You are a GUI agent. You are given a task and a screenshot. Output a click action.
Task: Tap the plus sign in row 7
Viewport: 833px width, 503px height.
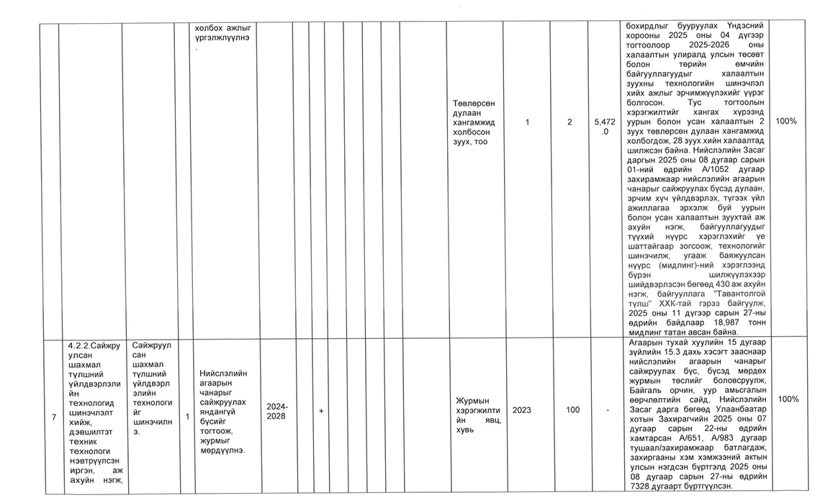click(x=320, y=409)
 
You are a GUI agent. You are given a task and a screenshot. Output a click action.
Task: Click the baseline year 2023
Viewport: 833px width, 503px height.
click(x=522, y=409)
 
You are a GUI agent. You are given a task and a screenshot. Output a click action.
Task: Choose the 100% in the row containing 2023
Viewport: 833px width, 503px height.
click(x=788, y=399)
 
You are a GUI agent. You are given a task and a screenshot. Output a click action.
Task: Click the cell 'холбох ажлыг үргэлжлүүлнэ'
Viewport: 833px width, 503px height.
click(x=222, y=32)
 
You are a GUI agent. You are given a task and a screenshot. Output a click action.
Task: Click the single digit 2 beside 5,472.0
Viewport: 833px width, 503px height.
click(x=569, y=122)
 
